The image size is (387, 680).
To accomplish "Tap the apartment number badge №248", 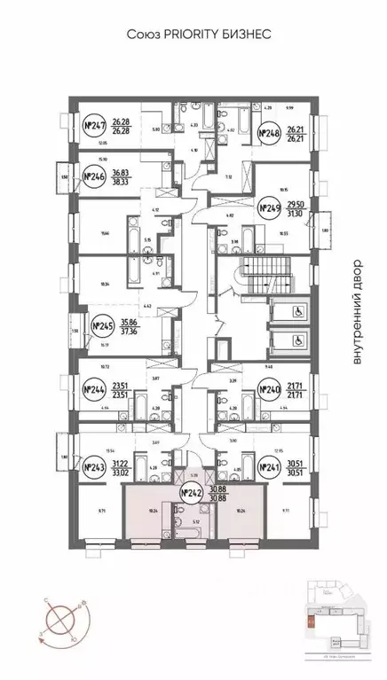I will pyautogui.click(x=270, y=134).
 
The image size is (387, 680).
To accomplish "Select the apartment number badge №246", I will pyautogui.click(x=94, y=177).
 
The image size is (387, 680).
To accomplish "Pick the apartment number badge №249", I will pyautogui.click(x=269, y=208).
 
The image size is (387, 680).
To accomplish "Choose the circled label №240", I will pyautogui.click(x=268, y=388).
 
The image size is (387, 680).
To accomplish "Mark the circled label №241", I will pyautogui.click(x=269, y=467).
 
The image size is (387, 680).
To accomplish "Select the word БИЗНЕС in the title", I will pyautogui.click(x=242, y=34).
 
